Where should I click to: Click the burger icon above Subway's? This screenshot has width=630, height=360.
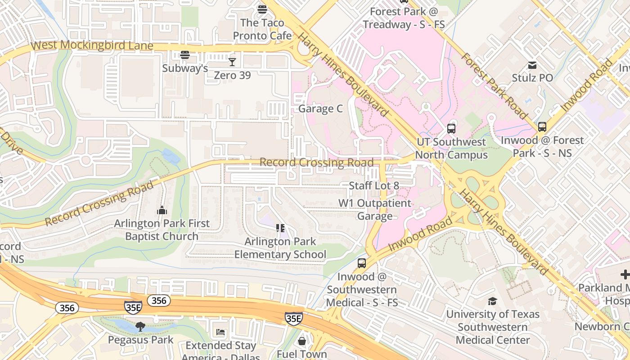coord(184,55)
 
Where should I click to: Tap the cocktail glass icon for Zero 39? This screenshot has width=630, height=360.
coord(232,62)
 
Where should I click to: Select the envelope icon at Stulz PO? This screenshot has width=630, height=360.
coord(532,65)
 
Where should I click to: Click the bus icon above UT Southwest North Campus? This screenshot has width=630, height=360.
coord(451,129)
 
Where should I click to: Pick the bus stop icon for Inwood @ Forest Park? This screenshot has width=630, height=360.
coord(542,127)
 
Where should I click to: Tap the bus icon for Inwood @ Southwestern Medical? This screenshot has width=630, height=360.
coord(362,263)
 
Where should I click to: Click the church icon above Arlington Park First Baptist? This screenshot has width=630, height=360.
coord(162,210)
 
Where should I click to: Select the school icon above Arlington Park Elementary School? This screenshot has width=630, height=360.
coord(280,229)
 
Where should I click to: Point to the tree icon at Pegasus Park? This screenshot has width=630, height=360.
coord(140,326)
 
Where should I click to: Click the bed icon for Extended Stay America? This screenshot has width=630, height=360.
coord(220,333)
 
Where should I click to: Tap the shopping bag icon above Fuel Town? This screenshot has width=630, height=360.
coord(302,341)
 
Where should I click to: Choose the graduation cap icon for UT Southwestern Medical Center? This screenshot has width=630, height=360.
coord(493,301)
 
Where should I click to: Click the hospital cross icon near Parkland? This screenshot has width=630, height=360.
coord(625,274)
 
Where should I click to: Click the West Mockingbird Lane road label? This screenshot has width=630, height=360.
coord(92,45)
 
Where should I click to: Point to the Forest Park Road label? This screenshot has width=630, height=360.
coord(494,85)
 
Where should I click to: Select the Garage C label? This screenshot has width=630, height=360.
coord(320,109)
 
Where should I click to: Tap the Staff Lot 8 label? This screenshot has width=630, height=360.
coord(374,185)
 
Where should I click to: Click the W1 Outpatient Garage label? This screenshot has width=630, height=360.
coord(375,210)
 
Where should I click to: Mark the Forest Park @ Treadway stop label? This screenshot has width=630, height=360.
coord(404,18)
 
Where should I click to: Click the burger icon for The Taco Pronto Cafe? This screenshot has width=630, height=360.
coord(262,9)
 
